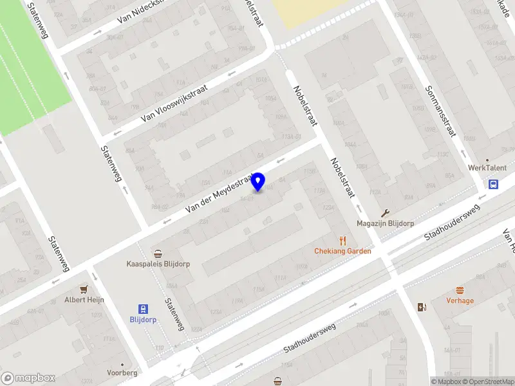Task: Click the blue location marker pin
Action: [x=258, y=181]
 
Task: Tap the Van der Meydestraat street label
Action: [x=220, y=192]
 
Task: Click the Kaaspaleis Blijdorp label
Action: [x=158, y=264]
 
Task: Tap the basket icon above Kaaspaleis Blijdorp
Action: [x=158, y=253]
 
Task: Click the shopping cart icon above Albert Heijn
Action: [x=83, y=289]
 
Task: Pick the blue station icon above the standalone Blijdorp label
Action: [x=143, y=308]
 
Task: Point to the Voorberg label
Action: [x=122, y=372]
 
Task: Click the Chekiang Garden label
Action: [x=342, y=251]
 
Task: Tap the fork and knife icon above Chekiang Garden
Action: [x=342, y=240]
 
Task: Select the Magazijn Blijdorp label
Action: [x=385, y=224]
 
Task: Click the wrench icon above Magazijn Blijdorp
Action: [x=385, y=213]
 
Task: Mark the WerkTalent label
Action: [x=487, y=167]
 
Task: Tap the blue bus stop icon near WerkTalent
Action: [x=493, y=185]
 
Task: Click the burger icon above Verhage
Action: [x=460, y=289]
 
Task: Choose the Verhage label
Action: [x=460, y=300]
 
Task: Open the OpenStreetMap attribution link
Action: [x=486, y=381]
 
